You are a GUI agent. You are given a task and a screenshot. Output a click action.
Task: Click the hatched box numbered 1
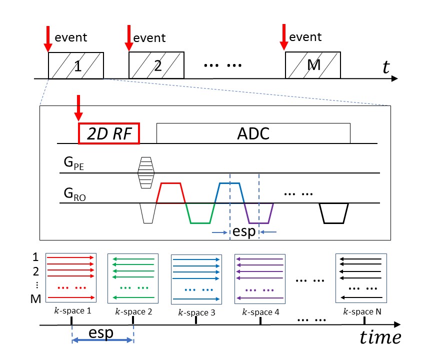[x=75, y=65]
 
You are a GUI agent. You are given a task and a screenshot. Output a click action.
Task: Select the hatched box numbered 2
[x=156, y=65]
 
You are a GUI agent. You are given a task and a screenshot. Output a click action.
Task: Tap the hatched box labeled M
[x=313, y=65]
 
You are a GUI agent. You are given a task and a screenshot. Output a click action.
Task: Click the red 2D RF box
[x=109, y=133]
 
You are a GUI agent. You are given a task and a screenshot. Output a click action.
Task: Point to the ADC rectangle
[x=253, y=133]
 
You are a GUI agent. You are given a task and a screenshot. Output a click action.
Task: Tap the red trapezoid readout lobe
[x=171, y=192]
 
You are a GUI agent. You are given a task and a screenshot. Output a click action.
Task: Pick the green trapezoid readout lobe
[x=200, y=213]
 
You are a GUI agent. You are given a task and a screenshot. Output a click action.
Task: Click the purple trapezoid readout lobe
[x=259, y=213]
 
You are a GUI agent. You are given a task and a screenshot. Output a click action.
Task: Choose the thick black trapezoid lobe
[x=333, y=213]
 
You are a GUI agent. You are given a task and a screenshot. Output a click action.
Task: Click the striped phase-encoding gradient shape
[x=146, y=172]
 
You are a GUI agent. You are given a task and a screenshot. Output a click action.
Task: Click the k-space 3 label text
[x=196, y=313]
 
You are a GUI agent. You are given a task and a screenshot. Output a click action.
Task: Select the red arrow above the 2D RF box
[x=78, y=107]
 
